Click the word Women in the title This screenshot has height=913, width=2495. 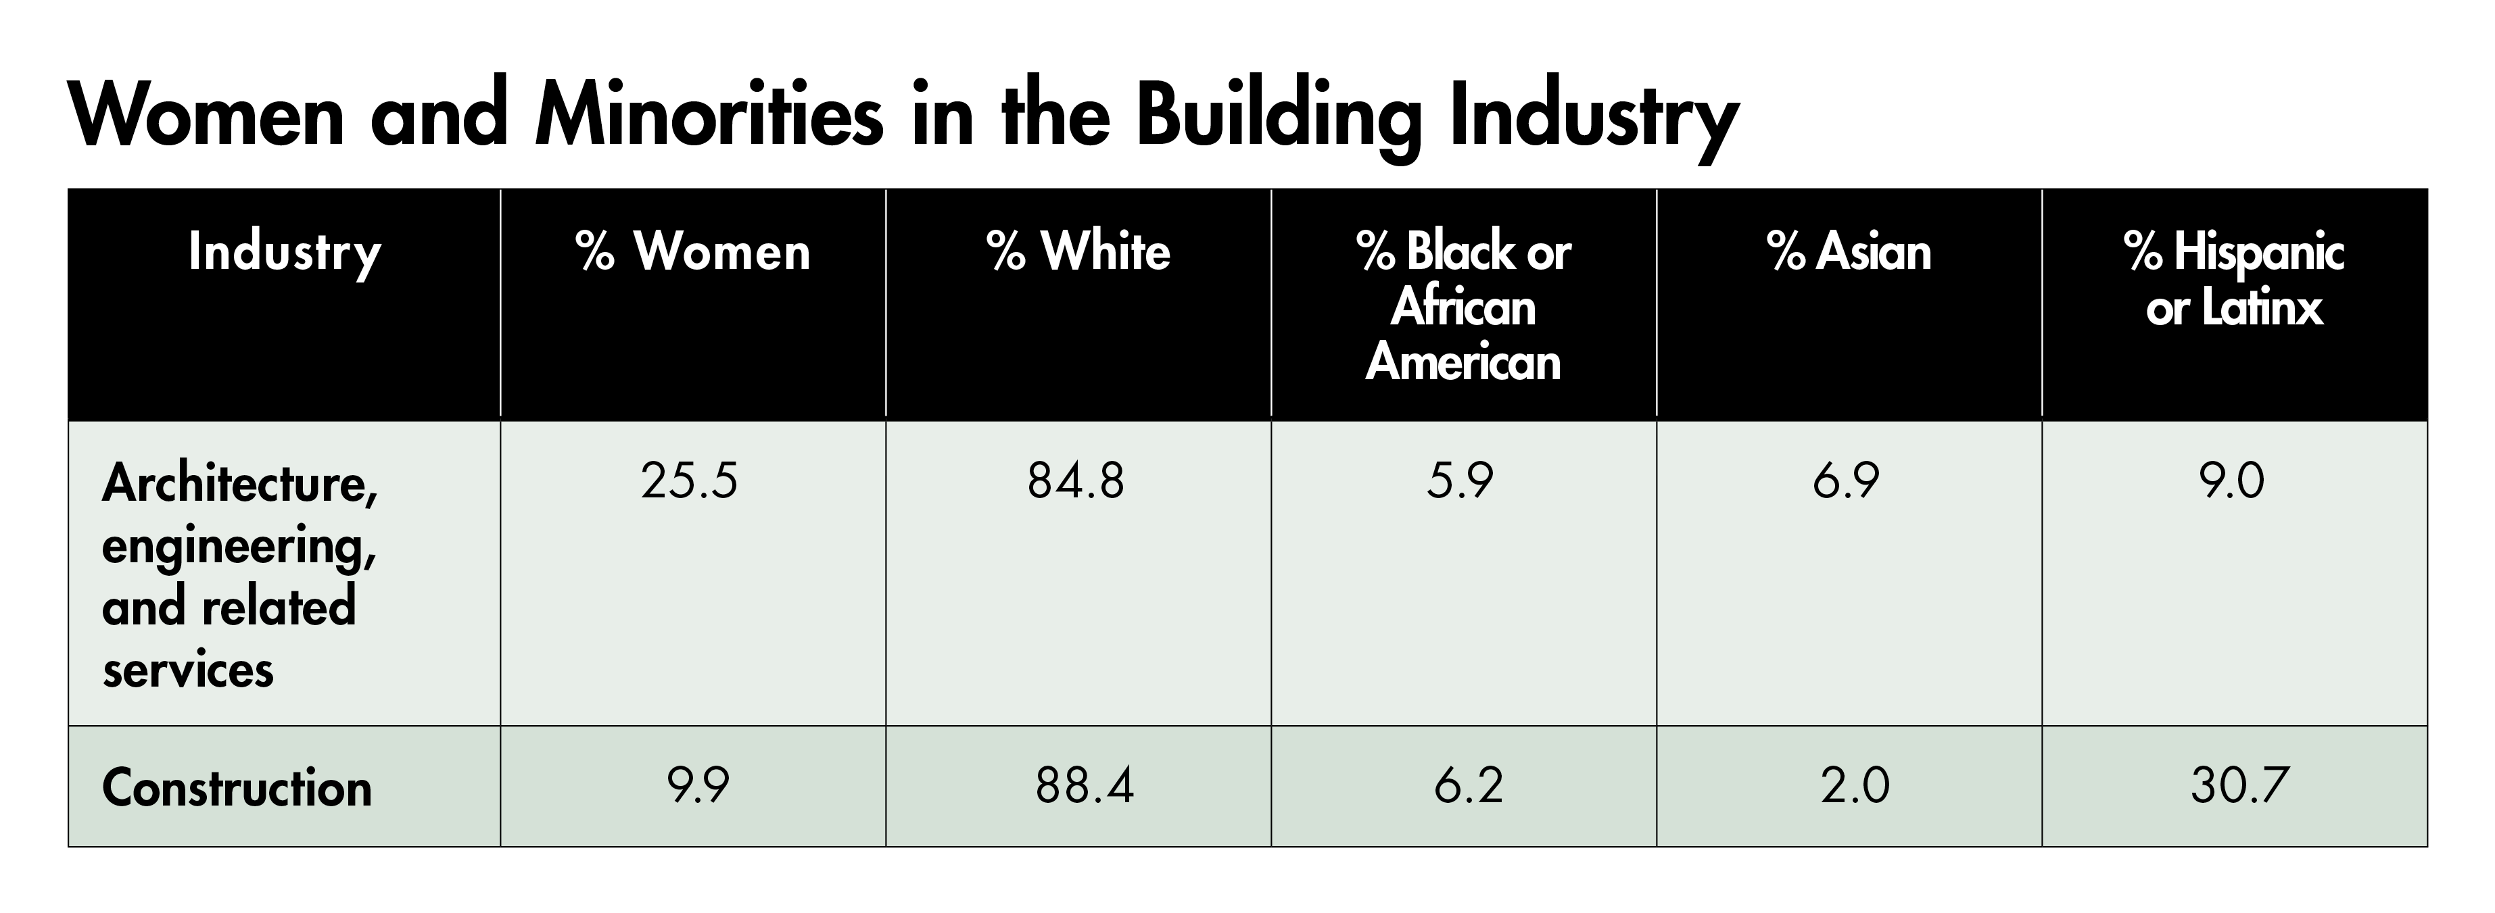pyautogui.click(x=206, y=116)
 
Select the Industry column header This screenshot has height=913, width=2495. pyautogui.click(x=285, y=253)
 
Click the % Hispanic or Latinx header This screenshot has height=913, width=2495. pyautogui.click(x=2235, y=279)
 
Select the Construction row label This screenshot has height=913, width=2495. pyautogui.click(x=237, y=787)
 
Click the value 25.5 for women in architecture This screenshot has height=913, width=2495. pyautogui.click(x=690, y=480)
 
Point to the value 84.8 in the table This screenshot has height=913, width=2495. pyautogui.click(x=1076, y=480)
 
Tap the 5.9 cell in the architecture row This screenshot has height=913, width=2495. pyautogui.click(x=1460, y=480)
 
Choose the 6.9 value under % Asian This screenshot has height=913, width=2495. pyautogui.click(x=1846, y=480)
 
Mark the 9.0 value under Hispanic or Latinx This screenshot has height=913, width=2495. pyautogui.click(x=2231, y=480)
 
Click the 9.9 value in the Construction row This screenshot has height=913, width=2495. pyautogui.click(x=697, y=785)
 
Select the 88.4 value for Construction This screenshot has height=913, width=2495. pyautogui.click(x=1084, y=785)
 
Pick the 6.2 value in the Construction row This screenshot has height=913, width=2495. pyautogui.click(x=1469, y=785)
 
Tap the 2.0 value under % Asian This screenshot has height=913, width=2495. pyautogui.click(x=1855, y=785)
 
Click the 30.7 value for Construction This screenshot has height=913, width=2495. pyautogui.click(x=2239, y=785)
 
